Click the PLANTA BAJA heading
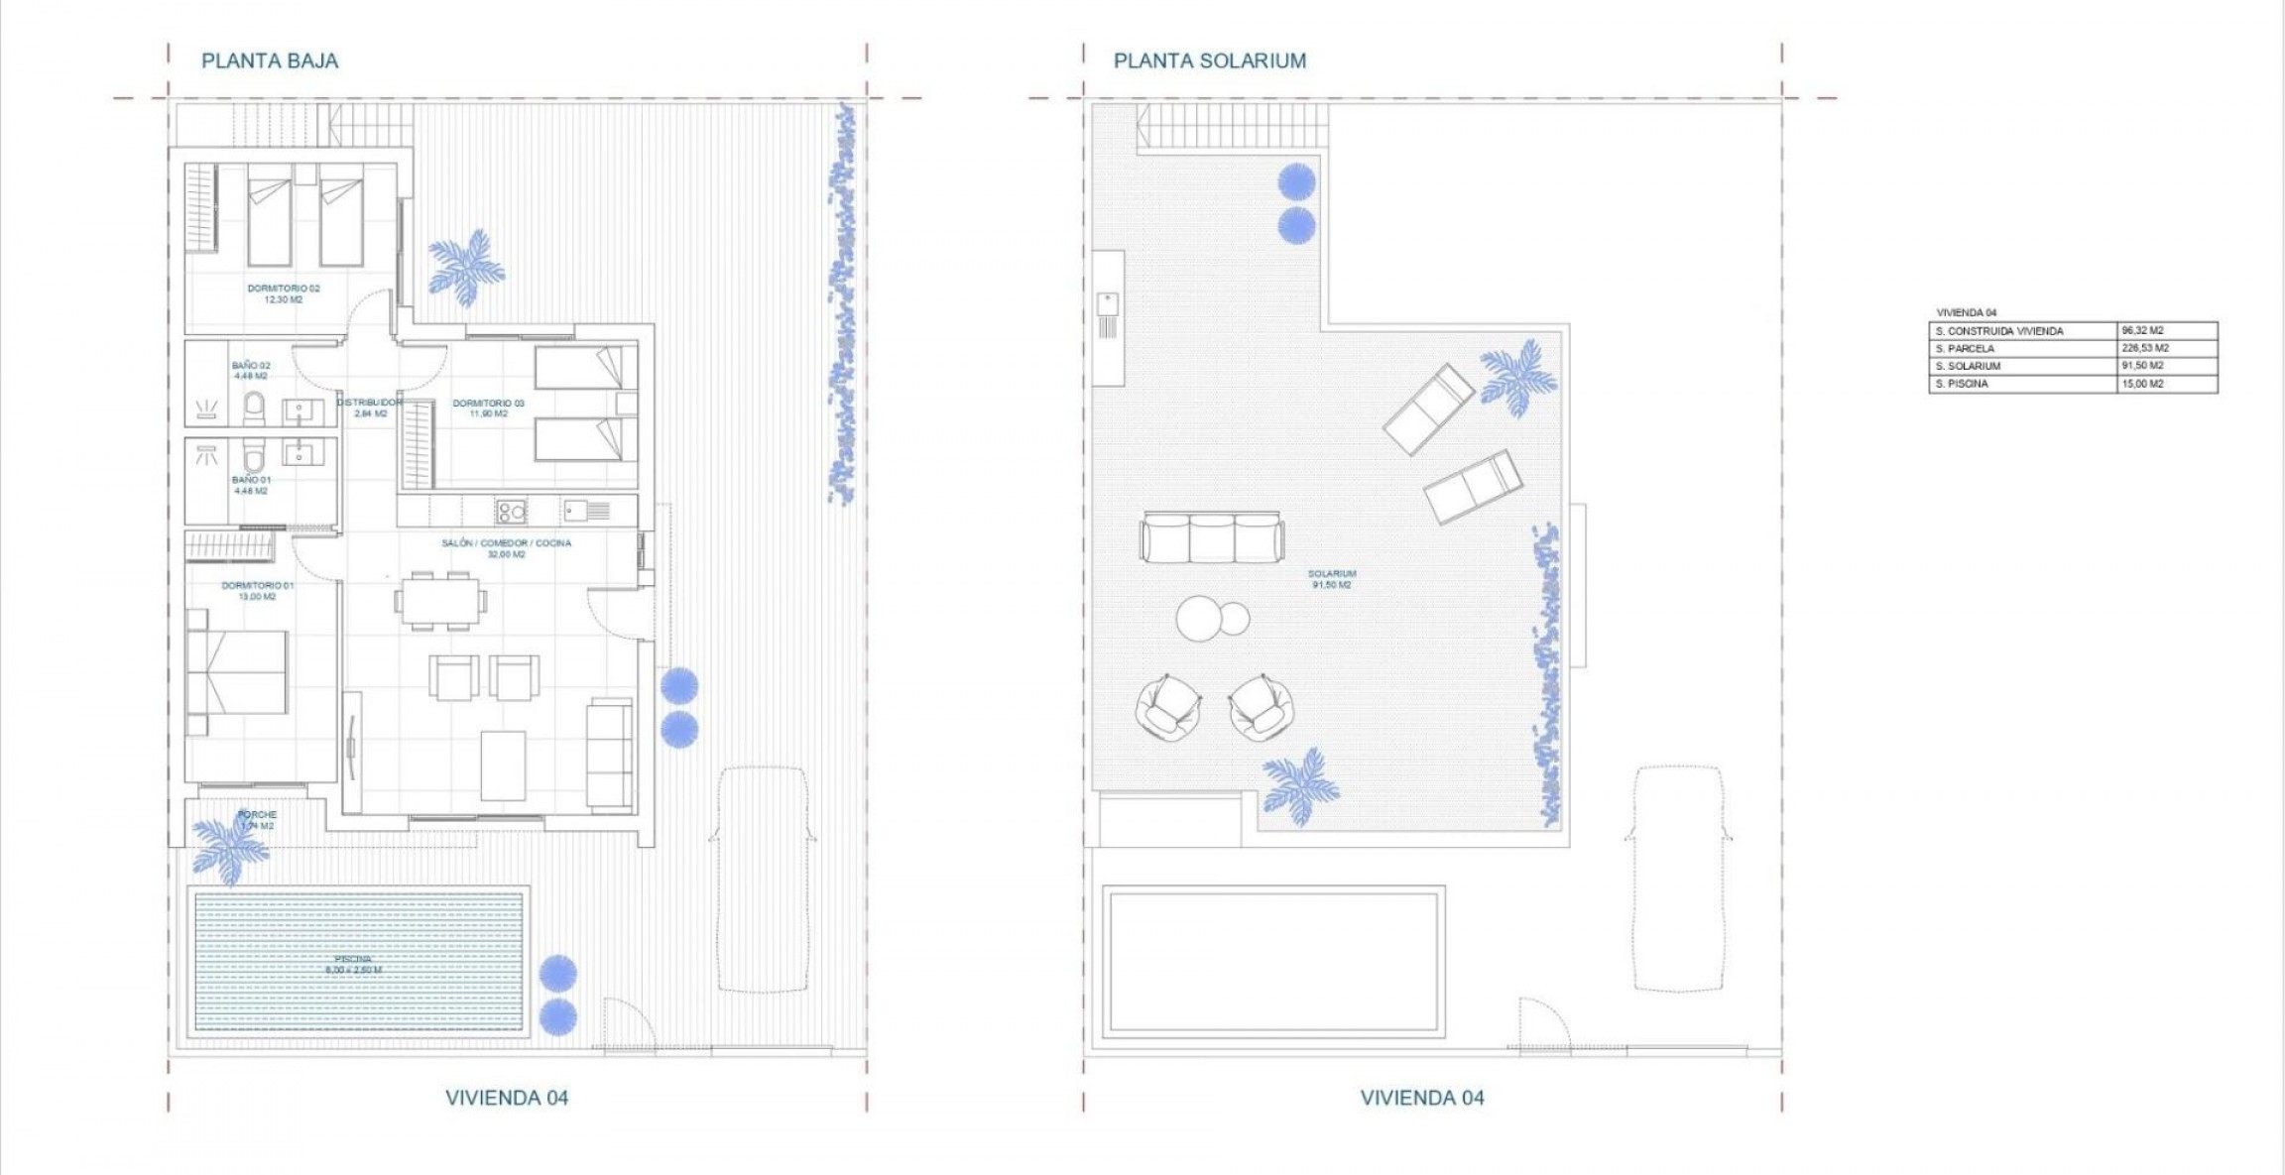coord(270,61)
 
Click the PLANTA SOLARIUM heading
coord(1209,61)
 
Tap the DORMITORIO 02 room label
coord(284,294)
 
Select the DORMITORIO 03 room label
coord(488,408)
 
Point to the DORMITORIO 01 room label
coord(257,591)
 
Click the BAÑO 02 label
coord(251,371)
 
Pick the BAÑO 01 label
coord(251,485)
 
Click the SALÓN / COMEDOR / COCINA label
coord(506,548)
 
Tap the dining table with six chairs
coord(441,600)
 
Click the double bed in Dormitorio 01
coord(238,671)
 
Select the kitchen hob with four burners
coord(512,512)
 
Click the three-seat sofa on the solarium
coord(1212,537)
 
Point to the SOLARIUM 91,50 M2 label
coord(1331,579)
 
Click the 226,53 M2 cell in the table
coord(2145,348)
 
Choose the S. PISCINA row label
coord(1962,384)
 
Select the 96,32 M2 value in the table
coord(2142,330)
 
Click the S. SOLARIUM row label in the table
coord(1968,366)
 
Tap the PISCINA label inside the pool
coord(353,964)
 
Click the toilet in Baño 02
coord(255,407)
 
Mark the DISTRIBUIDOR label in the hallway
coord(370,408)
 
